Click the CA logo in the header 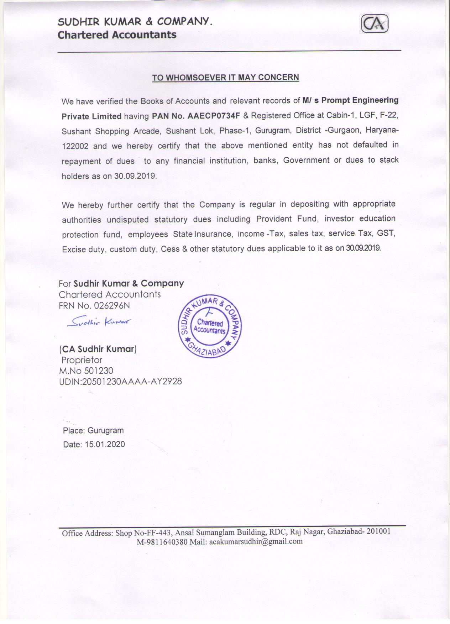pyautogui.click(x=375, y=25)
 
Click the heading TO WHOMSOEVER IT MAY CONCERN pyautogui.click(x=225, y=77)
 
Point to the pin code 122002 pyautogui.click(x=75, y=146)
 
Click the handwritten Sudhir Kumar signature pyautogui.click(x=100, y=322)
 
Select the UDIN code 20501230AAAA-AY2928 pyautogui.click(x=132, y=382)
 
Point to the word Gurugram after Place pyautogui.click(x=105, y=430)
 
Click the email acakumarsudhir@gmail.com pyautogui.click(x=256, y=541)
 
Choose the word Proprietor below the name pyautogui.click(x=82, y=360)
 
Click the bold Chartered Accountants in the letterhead pyautogui.click(x=117, y=35)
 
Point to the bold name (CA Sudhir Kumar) pyautogui.click(x=98, y=349)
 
